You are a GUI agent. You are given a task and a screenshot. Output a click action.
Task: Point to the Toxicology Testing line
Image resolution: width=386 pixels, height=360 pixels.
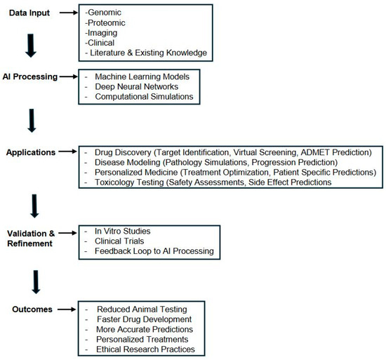pos(225,182)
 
